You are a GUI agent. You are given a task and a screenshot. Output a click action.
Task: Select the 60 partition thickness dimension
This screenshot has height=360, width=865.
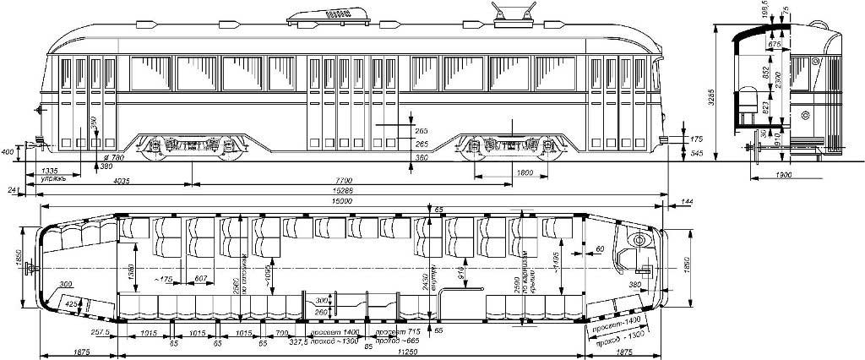click(599, 249)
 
